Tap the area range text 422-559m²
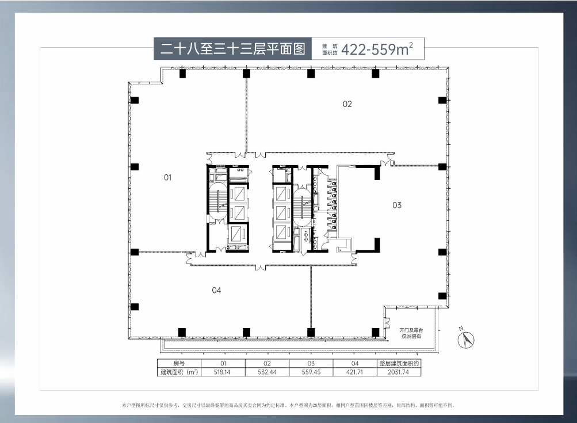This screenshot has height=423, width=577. tap(377, 49)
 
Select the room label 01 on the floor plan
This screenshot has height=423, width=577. tap(167, 177)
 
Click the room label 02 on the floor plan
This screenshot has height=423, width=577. tap(347, 104)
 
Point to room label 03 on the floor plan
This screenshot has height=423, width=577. tap(396, 205)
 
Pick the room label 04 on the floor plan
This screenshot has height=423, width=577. tap(216, 290)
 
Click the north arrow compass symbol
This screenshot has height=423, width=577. tap(465, 340)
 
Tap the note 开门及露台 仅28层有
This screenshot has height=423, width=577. tap(411, 334)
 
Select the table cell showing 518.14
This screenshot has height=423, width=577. tap(223, 372)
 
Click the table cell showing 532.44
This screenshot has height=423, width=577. tap(267, 372)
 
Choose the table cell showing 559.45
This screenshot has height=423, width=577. tap(311, 372)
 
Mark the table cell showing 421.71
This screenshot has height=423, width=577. tap(355, 372)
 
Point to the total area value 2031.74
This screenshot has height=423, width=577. tap(399, 372)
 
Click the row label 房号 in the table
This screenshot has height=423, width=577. tap(179, 364)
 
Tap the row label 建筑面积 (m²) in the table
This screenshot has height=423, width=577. tap(179, 372)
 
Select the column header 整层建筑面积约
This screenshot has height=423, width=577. tap(399, 364)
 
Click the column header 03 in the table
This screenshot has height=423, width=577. tap(311, 364)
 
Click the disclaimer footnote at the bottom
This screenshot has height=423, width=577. tap(288, 405)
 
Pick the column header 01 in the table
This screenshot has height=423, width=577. tap(223, 364)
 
